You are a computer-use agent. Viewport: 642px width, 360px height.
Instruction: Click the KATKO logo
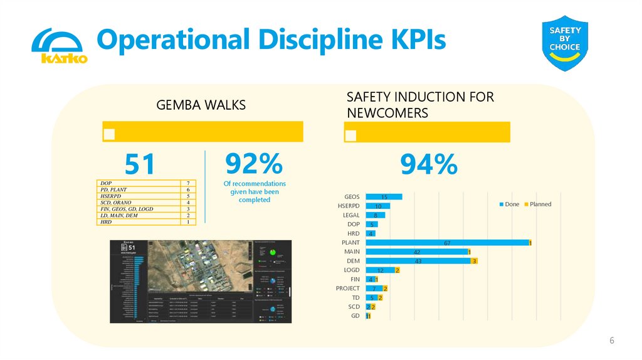59,46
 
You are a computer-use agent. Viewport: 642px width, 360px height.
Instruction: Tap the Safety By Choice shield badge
565,44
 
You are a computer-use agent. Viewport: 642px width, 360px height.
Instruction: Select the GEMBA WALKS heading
201,105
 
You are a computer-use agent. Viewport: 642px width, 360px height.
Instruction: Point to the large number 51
139,165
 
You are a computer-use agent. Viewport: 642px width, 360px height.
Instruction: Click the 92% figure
254,164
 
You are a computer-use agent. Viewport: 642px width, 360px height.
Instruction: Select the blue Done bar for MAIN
416,251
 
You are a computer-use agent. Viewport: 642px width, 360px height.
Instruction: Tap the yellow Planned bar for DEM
475,261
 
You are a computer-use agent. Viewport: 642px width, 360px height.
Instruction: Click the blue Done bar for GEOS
384,197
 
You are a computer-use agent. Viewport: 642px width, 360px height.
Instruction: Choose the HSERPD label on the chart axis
349,206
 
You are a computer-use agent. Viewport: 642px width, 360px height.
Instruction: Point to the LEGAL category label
351,215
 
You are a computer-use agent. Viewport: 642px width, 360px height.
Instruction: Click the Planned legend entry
537,204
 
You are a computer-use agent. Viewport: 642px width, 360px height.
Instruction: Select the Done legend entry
509,204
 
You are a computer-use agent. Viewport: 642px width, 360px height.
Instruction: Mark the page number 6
612,341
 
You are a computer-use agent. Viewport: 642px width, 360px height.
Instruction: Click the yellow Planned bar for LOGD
397,270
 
